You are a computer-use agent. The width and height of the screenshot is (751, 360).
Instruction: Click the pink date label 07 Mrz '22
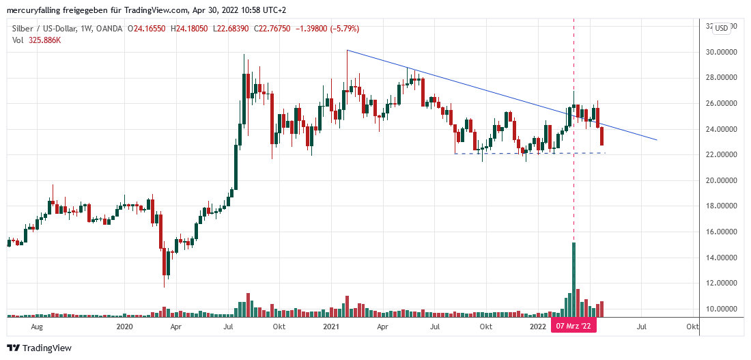[x=573, y=327]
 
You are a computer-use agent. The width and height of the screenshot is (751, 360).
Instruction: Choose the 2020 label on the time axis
[x=124, y=327]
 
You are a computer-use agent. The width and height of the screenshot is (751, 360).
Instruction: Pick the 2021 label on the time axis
[x=331, y=327]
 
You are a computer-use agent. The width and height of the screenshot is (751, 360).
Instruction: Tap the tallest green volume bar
[x=573, y=280]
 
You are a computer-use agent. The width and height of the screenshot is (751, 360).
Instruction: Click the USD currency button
[x=721, y=28]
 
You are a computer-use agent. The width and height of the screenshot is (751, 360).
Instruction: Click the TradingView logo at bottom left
[x=40, y=348]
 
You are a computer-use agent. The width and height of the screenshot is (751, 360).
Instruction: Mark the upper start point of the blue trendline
[x=348, y=51]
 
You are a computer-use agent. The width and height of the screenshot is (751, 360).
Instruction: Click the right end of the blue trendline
[x=657, y=140]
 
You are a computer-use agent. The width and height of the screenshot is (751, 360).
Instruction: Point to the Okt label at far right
[x=692, y=327]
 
